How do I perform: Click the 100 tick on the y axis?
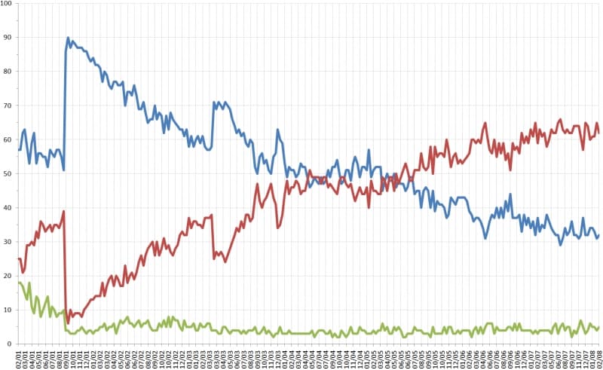click(7, 4)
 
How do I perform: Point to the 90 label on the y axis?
click(8, 38)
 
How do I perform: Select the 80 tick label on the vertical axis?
click(8, 72)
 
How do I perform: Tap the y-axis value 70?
click(8, 105)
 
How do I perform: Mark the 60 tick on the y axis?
click(8, 139)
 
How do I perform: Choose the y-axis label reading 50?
click(8, 173)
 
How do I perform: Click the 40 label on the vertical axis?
click(8, 207)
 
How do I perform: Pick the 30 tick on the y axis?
click(8, 241)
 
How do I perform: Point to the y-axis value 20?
click(8, 276)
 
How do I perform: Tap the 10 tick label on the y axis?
click(8, 310)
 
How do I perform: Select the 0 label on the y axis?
click(11, 344)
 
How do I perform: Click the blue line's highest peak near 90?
click(68, 38)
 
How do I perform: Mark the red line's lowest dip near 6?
click(69, 323)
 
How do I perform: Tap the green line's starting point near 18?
click(18, 282)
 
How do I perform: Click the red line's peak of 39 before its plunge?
click(64, 211)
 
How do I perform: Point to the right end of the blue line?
click(598, 235)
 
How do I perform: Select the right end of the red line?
click(598, 134)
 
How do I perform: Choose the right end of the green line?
click(598, 327)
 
